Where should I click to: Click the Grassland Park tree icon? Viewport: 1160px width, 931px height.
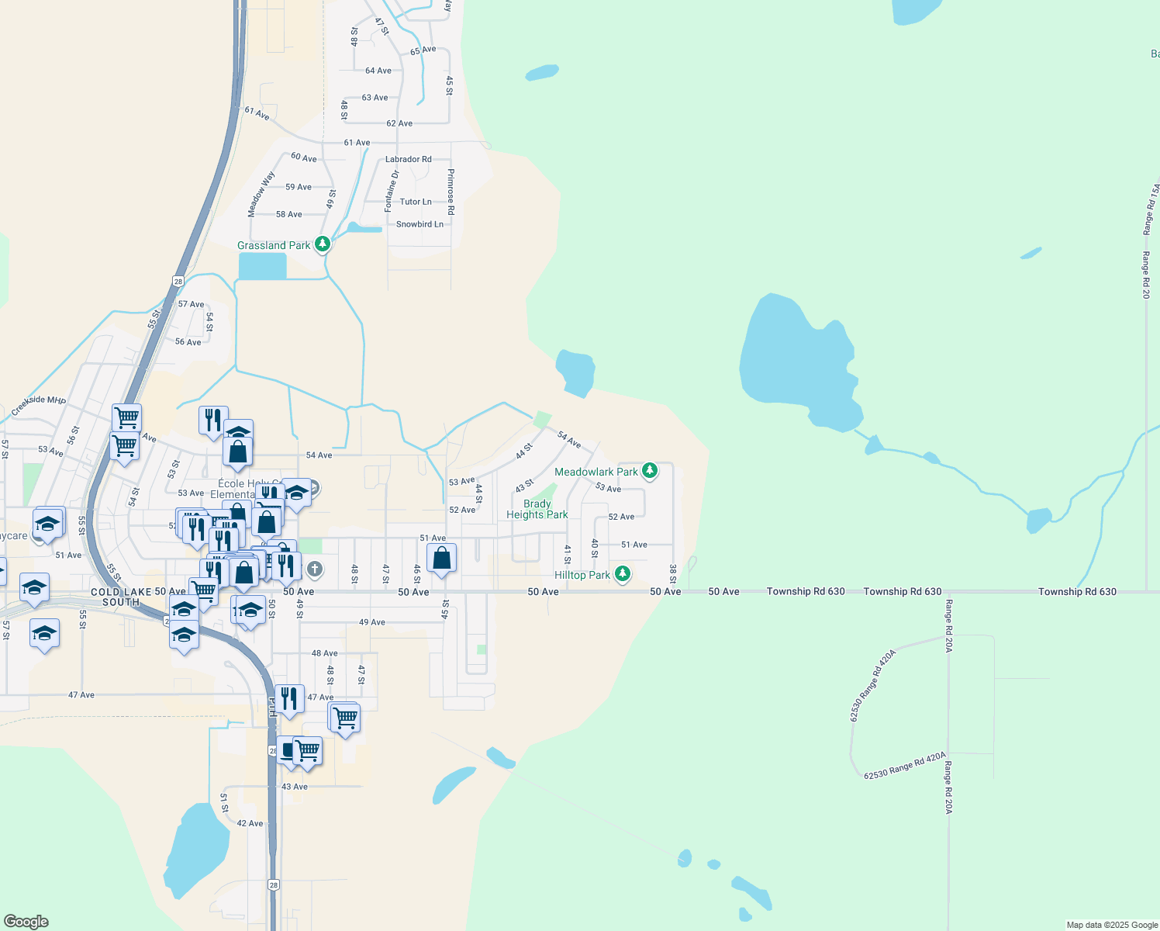pyautogui.click(x=323, y=244)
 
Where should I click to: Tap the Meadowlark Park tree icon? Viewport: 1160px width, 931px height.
pyautogui.click(x=650, y=471)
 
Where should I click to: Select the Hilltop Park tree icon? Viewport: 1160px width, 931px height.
pyautogui.click(x=622, y=574)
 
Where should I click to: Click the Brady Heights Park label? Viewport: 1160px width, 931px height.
pyautogui.click(x=537, y=509)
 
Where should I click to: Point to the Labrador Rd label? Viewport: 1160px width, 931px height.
pyautogui.click(x=409, y=159)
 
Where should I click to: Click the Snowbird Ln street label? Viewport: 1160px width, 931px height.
pyautogui.click(x=419, y=224)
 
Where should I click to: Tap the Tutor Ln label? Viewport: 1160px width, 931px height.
pyautogui.click(x=416, y=202)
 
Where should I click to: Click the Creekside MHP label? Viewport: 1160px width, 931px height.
pyautogui.click(x=39, y=406)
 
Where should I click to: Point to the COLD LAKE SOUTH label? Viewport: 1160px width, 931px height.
pyautogui.click(x=121, y=597)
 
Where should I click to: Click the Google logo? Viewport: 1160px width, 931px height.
pyautogui.click(x=26, y=922)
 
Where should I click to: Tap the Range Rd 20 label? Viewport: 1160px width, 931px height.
pyautogui.click(x=1145, y=275)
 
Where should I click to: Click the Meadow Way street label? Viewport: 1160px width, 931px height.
pyautogui.click(x=261, y=194)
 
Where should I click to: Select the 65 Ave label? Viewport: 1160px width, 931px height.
pyautogui.click(x=423, y=50)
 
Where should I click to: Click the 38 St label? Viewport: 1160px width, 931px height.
pyautogui.click(x=672, y=574)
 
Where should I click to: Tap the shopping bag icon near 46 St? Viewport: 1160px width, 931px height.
pyautogui.click(x=441, y=558)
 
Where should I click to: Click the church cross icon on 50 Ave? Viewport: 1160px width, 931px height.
pyautogui.click(x=314, y=569)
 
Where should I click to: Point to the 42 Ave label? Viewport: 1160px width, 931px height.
pyautogui.click(x=250, y=823)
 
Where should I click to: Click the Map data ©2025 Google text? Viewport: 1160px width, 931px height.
pyautogui.click(x=1112, y=925)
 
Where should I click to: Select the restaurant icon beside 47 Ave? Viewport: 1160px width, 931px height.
pyautogui.click(x=288, y=699)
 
